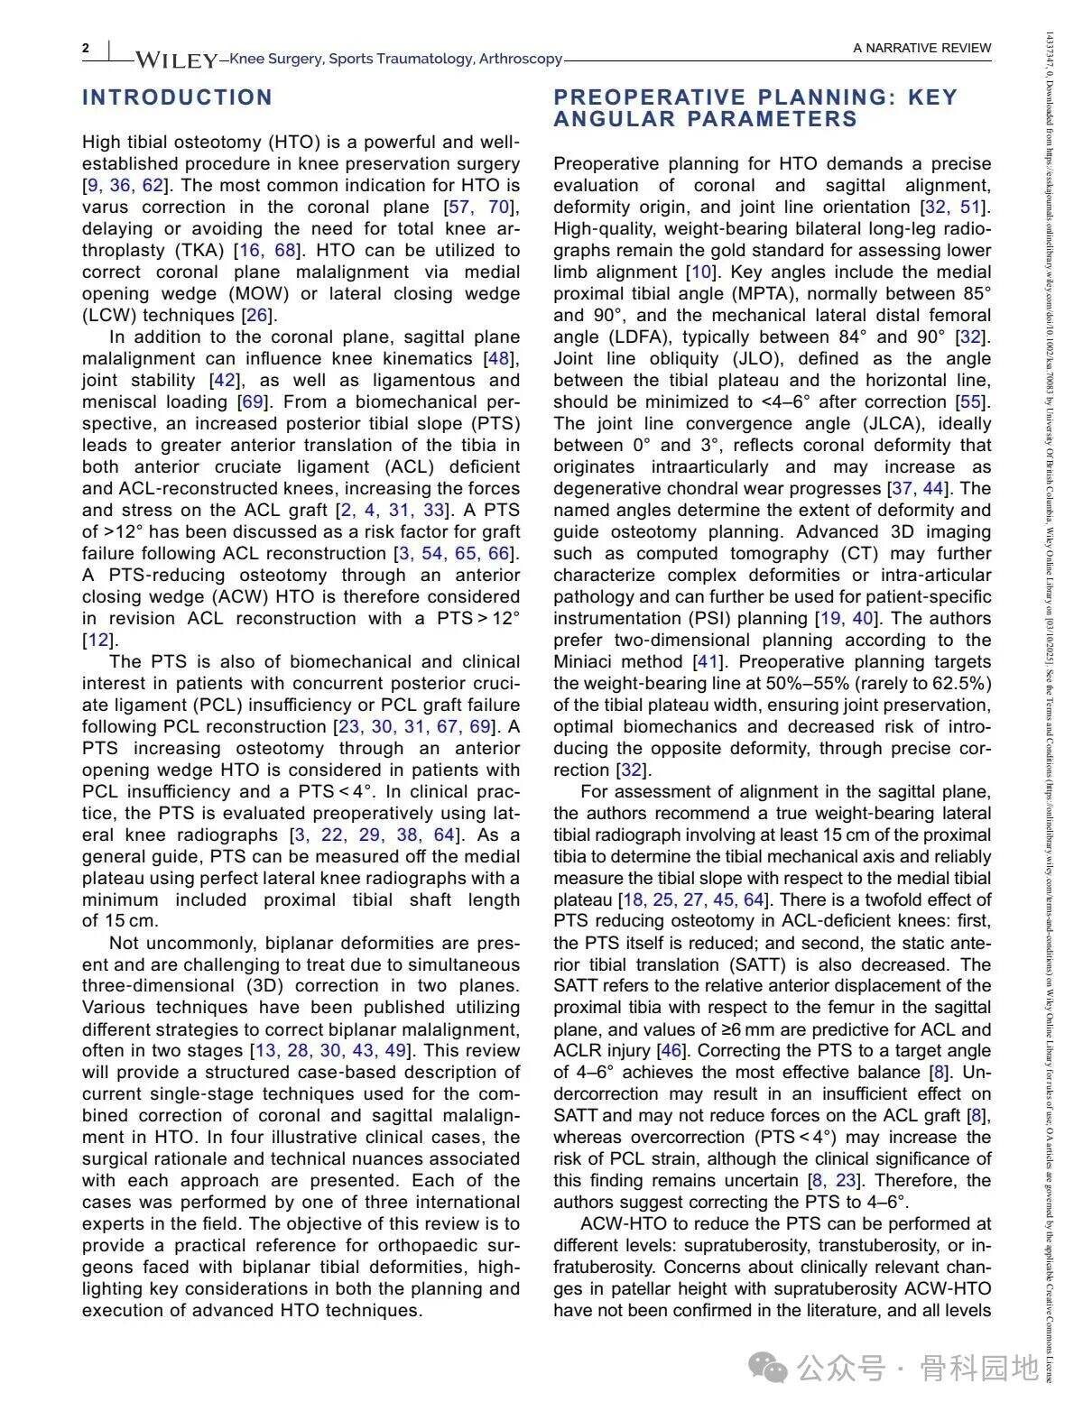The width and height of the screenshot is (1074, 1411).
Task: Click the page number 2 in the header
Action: tap(86, 48)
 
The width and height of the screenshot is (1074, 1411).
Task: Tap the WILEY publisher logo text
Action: tap(176, 60)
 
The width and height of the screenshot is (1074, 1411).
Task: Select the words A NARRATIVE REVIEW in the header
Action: tap(921, 48)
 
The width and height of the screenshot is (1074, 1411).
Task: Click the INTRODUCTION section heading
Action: tap(177, 97)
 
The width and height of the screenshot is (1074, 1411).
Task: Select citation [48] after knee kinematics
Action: tap(498, 358)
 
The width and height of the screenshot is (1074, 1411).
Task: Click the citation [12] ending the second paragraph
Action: tap(97, 640)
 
